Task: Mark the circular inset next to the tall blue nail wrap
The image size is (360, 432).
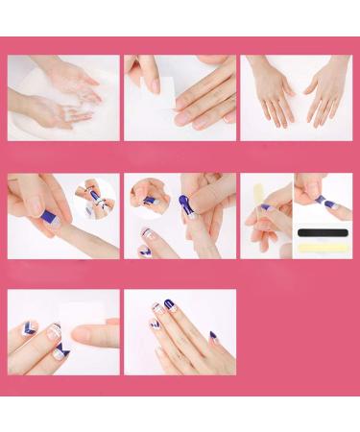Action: [146, 196]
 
